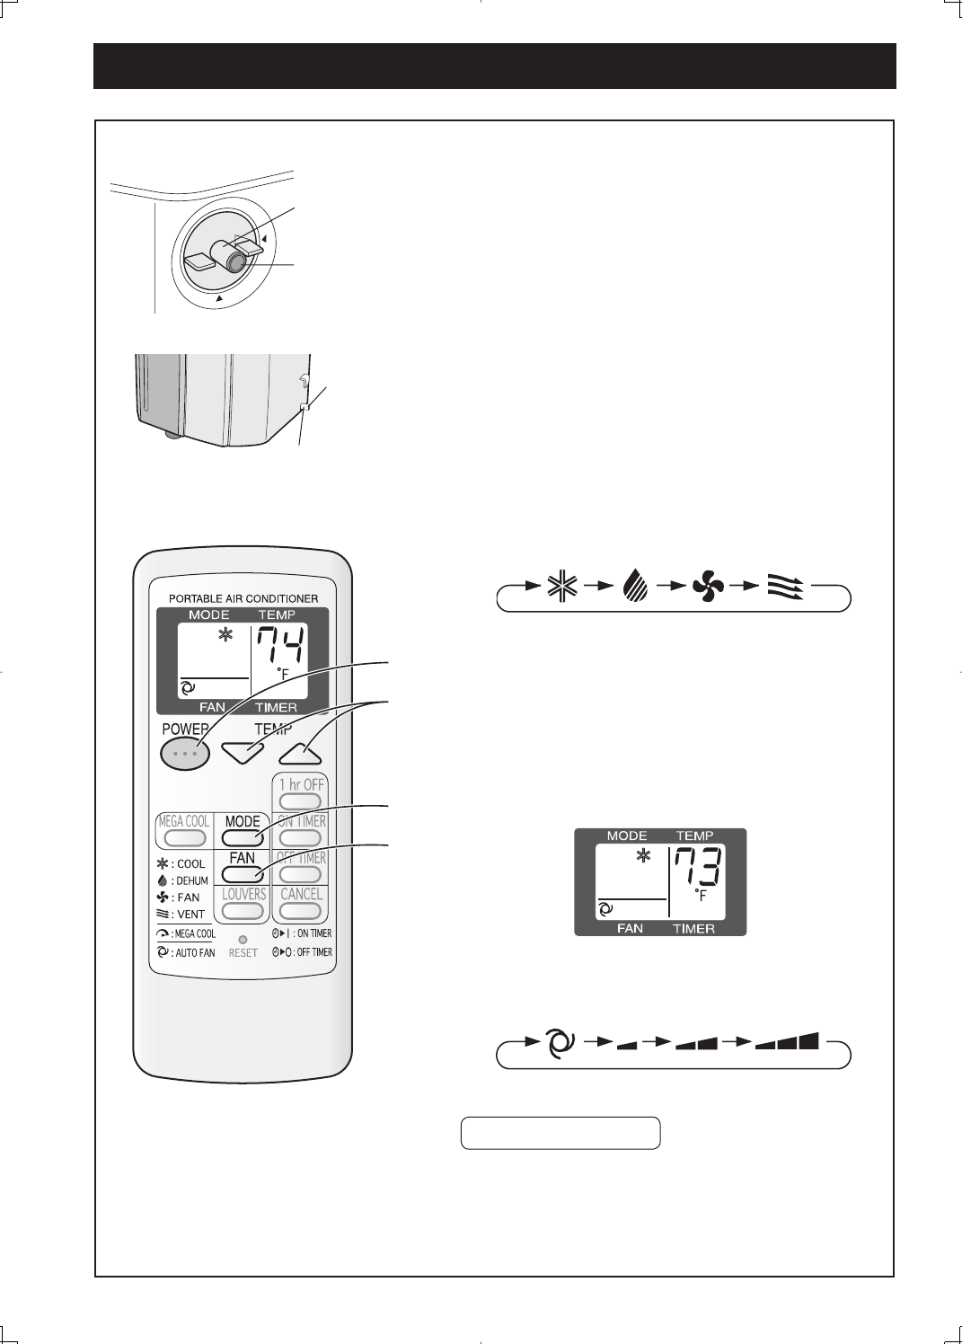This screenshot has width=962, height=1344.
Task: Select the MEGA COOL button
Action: pyautogui.click(x=185, y=837)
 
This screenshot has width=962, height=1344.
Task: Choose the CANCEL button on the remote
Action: pyautogui.click(x=301, y=909)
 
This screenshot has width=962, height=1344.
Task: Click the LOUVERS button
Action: pyautogui.click(x=243, y=909)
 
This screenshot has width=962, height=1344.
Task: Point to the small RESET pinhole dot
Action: pyautogui.click(x=243, y=940)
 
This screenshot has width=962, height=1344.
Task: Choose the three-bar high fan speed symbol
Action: pyautogui.click(x=788, y=1043)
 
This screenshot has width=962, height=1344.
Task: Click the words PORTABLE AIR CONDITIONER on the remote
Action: pyautogui.click(x=243, y=598)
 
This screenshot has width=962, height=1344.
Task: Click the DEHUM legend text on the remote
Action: pyautogui.click(x=191, y=880)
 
